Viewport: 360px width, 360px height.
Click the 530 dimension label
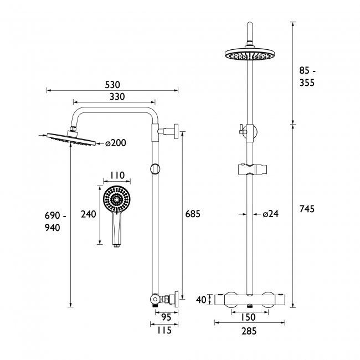point(112,85)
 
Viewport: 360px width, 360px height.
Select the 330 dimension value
point(117,97)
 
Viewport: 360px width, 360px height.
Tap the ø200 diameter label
point(116,143)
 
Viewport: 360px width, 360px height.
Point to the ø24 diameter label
point(271,214)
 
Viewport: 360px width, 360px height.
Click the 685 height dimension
point(193,214)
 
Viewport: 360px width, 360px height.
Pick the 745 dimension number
point(307,209)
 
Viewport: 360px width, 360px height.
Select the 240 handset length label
point(89,214)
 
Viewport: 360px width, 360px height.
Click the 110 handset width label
point(117,175)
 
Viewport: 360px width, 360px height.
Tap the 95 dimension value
point(166,317)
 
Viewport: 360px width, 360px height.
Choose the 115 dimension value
point(164,331)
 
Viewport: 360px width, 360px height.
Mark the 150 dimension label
point(248,317)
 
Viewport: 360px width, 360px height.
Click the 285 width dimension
point(249,331)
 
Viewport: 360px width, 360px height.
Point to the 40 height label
point(202,300)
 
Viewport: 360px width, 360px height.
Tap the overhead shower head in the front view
point(250,54)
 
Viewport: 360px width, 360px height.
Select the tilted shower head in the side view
point(71,138)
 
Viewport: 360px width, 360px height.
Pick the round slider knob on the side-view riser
point(155,169)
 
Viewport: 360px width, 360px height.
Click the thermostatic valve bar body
point(250,300)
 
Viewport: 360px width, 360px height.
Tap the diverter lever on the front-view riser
point(241,129)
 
